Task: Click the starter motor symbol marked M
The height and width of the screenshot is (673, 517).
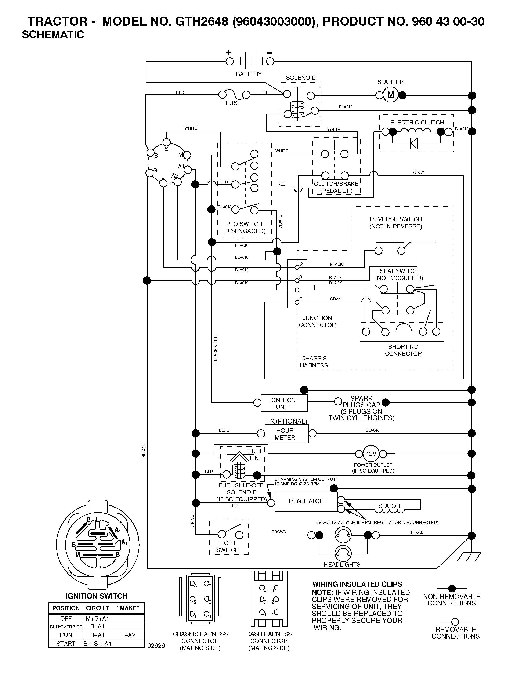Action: pyautogui.click(x=391, y=94)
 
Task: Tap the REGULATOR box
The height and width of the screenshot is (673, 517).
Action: pyautogui.click(x=306, y=502)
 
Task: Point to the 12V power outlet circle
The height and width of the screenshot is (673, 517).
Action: pyautogui.click(x=371, y=454)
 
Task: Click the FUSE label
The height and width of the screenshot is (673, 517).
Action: pyautogui.click(x=233, y=103)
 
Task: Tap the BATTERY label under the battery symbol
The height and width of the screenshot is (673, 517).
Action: pyautogui.click(x=249, y=74)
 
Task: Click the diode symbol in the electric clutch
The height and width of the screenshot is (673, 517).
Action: pyautogui.click(x=414, y=143)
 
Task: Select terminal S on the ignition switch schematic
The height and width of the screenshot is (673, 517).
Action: pyautogui.click(x=166, y=142)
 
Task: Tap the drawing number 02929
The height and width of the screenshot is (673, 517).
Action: pyautogui.click(x=156, y=646)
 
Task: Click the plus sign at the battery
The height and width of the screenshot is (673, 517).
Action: pyautogui.click(x=228, y=53)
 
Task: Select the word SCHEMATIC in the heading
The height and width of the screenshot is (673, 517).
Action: pyautogui.click(x=53, y=35)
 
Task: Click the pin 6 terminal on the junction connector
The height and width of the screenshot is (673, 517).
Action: pyautogui.click(x=297, y=302)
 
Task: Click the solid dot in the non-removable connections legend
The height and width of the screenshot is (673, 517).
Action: pyautogui.click(x=452, y=589)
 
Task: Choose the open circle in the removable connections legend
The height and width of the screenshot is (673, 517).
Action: pyautogui.click(x=455, y=622)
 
